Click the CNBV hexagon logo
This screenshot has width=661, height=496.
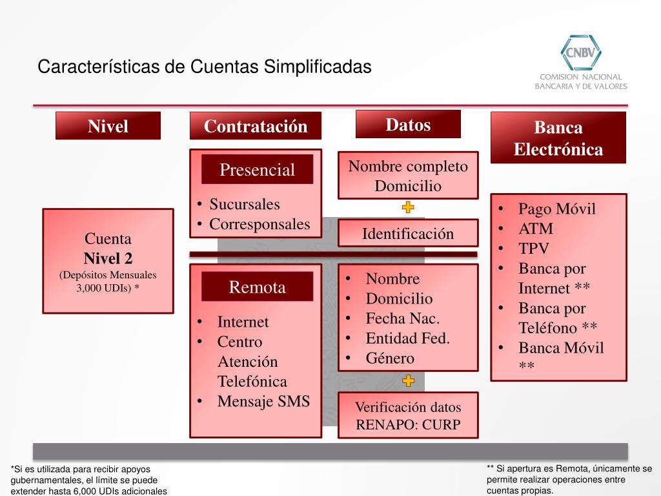tap(581, 50)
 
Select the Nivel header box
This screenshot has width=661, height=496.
tap(108, 126)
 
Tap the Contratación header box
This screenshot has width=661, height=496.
tap(256, 126)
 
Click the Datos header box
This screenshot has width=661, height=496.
tap(408, 124)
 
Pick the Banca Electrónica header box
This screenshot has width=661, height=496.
tap(558, 138)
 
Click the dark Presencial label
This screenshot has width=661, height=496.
tap(257, 170)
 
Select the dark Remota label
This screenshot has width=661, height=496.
tap(257, 287)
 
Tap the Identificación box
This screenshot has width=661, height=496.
tap(408, 233)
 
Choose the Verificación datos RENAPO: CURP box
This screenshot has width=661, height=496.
tap(408, 416)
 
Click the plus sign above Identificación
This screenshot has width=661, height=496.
tap(408, 208)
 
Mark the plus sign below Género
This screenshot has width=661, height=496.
tap(408, 381)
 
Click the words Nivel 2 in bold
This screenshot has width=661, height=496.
tap(108, 258)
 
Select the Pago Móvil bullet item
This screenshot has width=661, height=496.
tap(556, 209)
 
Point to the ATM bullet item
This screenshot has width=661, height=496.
tap(536, 229)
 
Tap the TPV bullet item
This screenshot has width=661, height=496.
tap(534, 249)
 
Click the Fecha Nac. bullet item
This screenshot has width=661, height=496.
tap(402, 318)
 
